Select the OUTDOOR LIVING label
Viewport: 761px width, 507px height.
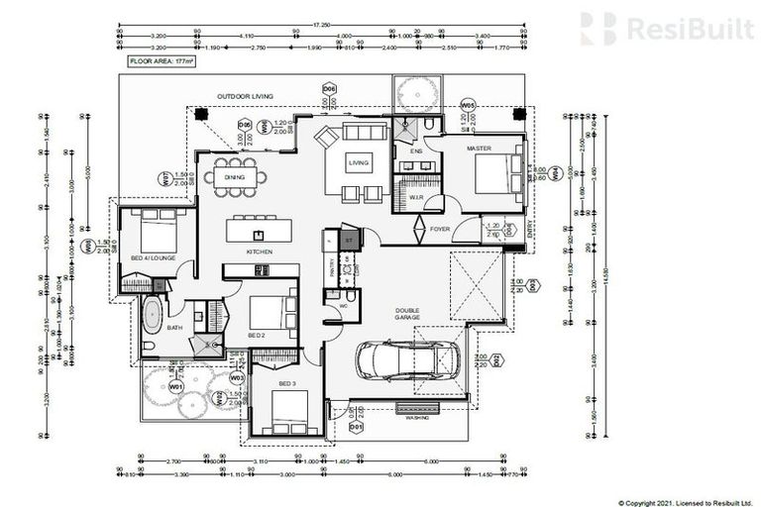click(245, 96)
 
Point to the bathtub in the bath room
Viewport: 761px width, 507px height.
click(152, 318)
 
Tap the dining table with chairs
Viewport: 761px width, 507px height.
click(237, 177)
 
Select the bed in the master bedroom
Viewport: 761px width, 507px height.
click(496, 174)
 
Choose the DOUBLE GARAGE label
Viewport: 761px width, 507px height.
click(407, 314)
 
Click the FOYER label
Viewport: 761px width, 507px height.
click(439, 229)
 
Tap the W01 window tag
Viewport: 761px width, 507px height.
click(176, 386)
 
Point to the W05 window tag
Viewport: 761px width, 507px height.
click(469, 105)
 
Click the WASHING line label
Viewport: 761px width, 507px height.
click(417, 418)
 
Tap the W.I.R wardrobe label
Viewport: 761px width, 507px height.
click(416, 197)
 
